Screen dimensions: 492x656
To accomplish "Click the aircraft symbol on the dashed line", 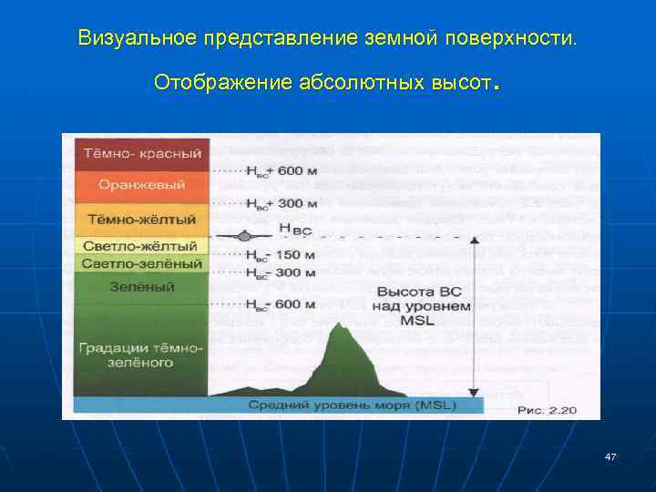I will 244,237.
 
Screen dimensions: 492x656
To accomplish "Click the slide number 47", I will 610,456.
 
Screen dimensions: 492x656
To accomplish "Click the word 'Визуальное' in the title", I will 136,39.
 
